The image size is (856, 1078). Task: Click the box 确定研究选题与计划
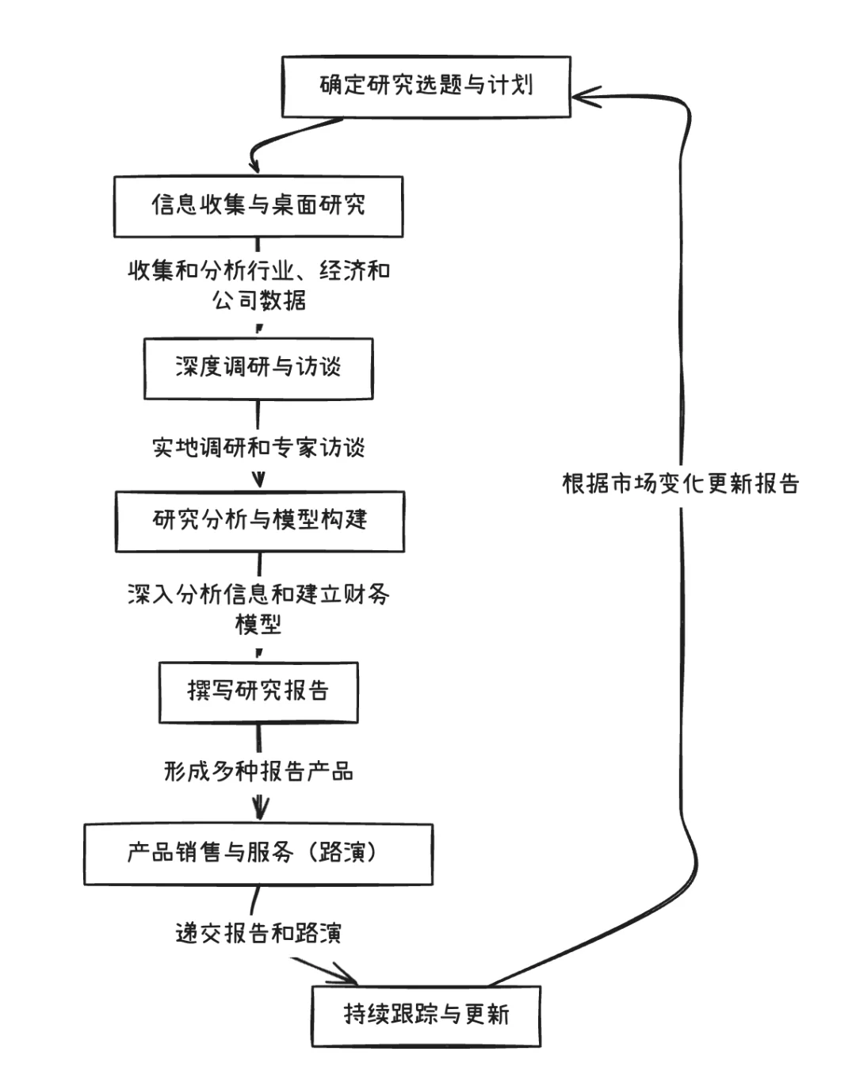pos(426,86)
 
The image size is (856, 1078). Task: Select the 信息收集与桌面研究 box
pos(258,206)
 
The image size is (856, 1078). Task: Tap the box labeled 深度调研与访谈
pos(258,368)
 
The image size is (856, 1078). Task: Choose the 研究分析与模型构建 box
pos(260,521)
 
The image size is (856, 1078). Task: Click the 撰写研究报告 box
pos(258,692)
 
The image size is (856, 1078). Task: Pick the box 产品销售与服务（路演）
pos(258,854)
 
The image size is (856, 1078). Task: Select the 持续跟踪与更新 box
pos(426,1015)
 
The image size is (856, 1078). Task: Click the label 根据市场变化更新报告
pos(681,484)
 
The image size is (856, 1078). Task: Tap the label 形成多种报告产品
pos(258,771)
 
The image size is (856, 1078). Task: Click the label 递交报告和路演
pos(258,933)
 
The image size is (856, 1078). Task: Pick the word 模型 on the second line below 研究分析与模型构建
pos(258,625)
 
